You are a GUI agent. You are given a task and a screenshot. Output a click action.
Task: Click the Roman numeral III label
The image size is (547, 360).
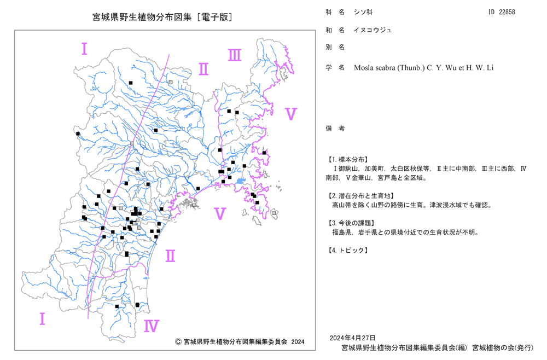coord(235,55)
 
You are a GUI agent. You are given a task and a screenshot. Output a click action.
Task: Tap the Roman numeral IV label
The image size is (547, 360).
coord(152,326)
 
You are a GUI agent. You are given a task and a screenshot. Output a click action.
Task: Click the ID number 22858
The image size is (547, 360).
coord(507,12)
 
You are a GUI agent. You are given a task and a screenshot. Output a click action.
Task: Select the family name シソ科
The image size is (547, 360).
coord(363,12)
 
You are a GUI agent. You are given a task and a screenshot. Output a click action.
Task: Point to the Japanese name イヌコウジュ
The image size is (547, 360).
coord(373,30)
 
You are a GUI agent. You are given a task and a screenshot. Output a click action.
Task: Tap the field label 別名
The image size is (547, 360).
coord(335,47)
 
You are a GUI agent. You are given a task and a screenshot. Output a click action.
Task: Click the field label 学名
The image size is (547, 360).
coord(335,68)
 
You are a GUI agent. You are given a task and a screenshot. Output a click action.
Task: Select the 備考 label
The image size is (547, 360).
coord(335,129)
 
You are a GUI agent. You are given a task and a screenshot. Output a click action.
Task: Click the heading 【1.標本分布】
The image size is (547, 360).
coord(347,160)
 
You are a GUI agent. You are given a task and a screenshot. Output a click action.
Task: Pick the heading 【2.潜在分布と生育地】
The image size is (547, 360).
coord(360,196)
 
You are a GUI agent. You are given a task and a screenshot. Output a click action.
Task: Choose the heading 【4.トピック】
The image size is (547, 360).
coord(347,251)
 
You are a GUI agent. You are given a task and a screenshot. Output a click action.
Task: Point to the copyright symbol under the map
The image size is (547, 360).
coord(178,342)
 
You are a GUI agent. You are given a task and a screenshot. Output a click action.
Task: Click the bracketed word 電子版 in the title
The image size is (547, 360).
coord(215,17)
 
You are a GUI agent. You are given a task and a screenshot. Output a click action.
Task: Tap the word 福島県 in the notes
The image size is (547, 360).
coord(341,233)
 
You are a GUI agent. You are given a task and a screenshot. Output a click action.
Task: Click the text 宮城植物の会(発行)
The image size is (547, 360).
coord(503,348)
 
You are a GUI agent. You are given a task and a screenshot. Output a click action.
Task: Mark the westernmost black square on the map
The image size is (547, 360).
coord(78,133)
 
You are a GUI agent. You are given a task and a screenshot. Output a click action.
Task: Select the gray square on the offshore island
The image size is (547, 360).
coord(274,213)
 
